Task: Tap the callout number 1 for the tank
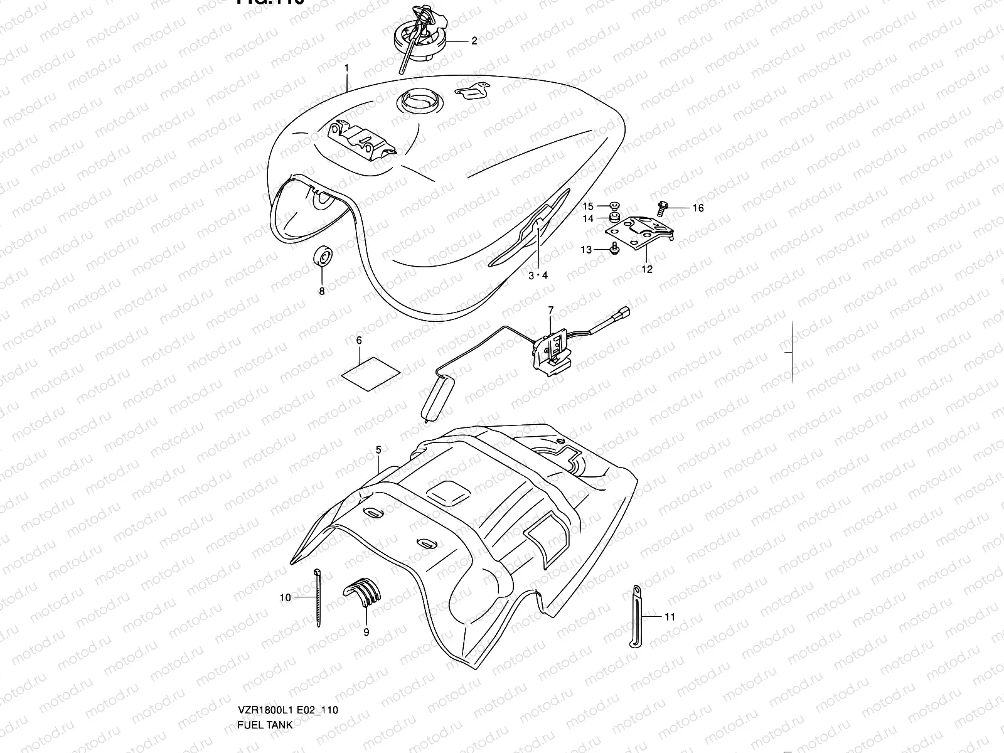pos(346,68)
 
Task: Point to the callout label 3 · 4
pos(538,275)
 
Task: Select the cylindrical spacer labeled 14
pos(608,218)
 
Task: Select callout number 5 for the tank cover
pos(378,450)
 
